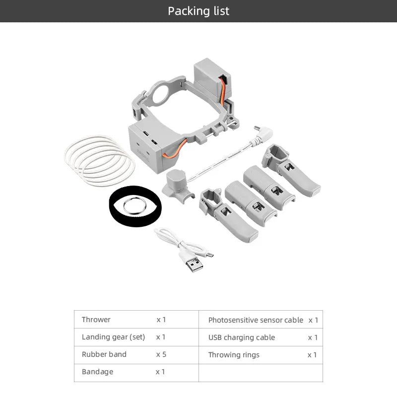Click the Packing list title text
pyautogui.click(x=198, y=11)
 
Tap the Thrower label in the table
pyautogui.click(x=96, y=320)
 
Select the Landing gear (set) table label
pyautogui.click(x=113, y=337)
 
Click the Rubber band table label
pyautogui.click(x=104, y=354)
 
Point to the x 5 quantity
pyautogui.click(x=161, y=354)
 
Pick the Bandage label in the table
pyautogui.click(x=97, y=372)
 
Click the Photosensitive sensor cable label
pyautogui.click(x=255, y=320)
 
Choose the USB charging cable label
pyautogui.click(x=241, y=337)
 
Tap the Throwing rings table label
pyautogui.click(x=234, y=355)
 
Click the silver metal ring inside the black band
pyautogui.click(x=134, y=204)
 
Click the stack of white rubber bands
pyautogui.click(x=99, y=160)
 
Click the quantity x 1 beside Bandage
pyautogui.click(x=160, y=372)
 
